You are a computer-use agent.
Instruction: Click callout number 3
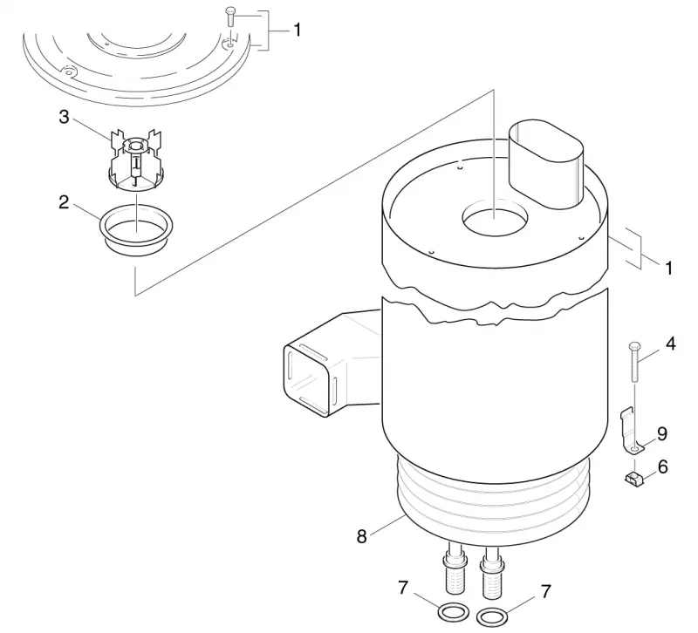coord(64,118)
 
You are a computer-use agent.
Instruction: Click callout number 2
coord(64,202)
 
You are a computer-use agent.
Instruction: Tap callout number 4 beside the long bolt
coord(670,344)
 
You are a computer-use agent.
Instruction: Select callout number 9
coord(662,433)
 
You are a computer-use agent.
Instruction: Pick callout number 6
coord(663,467)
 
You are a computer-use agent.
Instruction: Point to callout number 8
coord(361,536)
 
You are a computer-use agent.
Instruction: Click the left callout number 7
coord(403,588)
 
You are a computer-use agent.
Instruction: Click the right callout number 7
coord(546,592)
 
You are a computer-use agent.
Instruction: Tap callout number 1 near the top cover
coord(297,31)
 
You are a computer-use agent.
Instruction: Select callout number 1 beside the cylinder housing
coord(668,269)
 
